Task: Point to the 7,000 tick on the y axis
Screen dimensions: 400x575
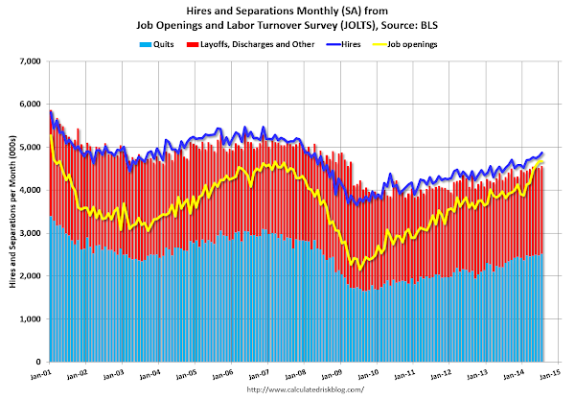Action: (x=29, y=60)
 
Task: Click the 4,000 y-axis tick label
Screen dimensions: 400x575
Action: (x=29, y=190)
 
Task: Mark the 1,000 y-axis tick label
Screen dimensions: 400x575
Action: (x=29, y=319)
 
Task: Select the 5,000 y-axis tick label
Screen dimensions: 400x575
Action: (x=29, y=147)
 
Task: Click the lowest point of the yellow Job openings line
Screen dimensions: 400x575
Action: (x=359, y=270)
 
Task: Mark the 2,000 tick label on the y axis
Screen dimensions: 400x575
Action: (x=29, y=276)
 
